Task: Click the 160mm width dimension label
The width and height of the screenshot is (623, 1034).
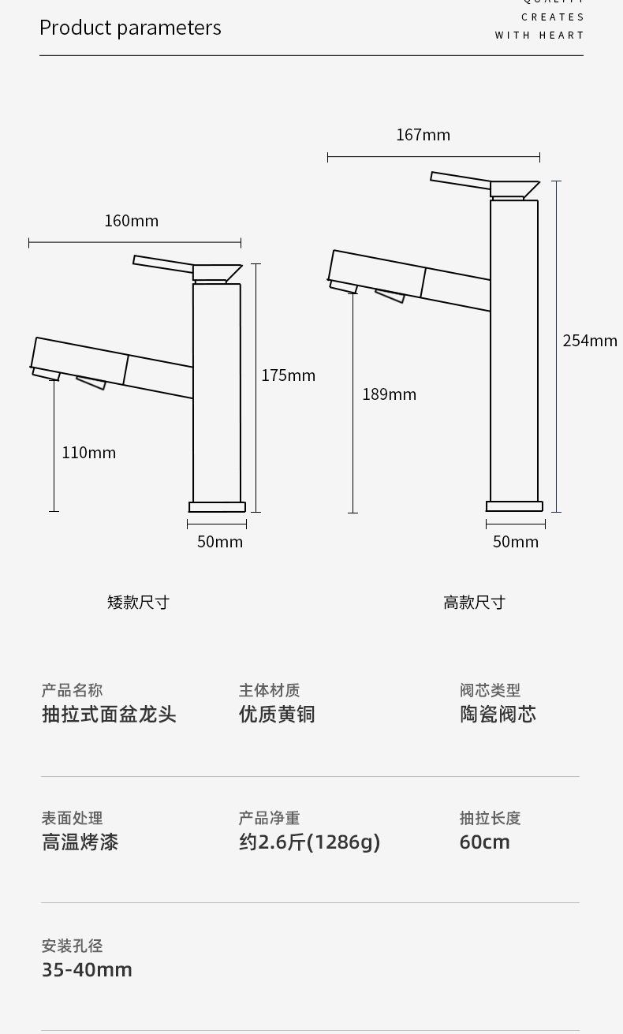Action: coord(132,221)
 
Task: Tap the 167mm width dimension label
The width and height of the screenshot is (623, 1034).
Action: coord(423,135)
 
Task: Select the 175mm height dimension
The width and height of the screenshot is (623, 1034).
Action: coord(288,375)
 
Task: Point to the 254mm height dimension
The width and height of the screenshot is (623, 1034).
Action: coord(589,341)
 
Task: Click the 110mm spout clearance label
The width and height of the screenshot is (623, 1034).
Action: coord(88,453)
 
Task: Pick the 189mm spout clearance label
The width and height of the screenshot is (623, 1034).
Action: coord(389,394)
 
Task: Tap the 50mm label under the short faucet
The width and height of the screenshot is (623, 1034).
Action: coord(220,542)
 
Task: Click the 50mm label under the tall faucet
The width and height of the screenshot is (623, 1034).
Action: coord(516,542)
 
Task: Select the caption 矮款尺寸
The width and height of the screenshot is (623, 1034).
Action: coord(138,603)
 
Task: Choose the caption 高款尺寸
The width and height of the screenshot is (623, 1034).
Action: coord(474,603)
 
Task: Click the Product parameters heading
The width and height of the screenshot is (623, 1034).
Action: coord(130,28)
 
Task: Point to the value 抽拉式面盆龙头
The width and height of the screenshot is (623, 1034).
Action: coord(109,715)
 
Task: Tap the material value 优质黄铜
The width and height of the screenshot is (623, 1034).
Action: coord(277,715)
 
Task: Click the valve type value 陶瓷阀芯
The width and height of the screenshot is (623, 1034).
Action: coord(498,715)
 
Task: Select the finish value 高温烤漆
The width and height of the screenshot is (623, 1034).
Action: coord(80,842)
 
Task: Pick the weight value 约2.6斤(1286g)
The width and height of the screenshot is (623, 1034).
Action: coord(309,842)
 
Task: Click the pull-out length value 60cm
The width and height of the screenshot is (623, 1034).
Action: coord(484,842)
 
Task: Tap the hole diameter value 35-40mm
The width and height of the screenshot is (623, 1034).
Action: coord(87,970)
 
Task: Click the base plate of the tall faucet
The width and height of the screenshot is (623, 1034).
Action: coord(514,506)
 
